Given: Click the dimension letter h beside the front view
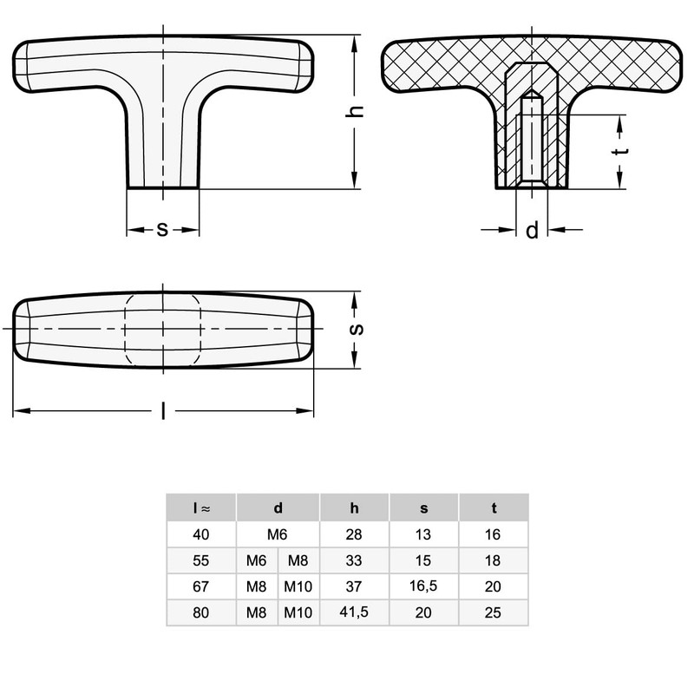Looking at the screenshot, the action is click(x=355, y=112).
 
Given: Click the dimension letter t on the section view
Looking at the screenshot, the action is click(x=620, y=151).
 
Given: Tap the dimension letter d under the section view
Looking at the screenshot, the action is click(x=532, y=230).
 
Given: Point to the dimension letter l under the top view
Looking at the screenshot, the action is click(x=163, y=410).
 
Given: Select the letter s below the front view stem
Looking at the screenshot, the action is click(x=163, y=230).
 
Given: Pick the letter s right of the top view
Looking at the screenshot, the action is click(x=357, y=330).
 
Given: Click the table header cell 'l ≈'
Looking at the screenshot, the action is click(x=201, y=508).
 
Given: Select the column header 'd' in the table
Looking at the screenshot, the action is click(x=278, y=508).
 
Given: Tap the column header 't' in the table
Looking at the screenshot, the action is click(x=494, y=508).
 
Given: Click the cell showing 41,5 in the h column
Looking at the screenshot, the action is click(x=354, y=612).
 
